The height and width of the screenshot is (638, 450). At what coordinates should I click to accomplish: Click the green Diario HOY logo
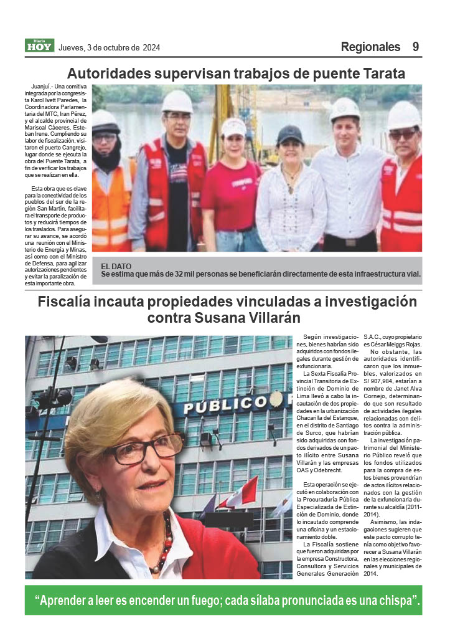click(40, 45)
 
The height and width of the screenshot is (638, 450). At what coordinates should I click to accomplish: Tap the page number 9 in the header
click(415, 47)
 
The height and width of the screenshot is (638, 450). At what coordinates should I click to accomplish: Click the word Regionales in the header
click(370, 47)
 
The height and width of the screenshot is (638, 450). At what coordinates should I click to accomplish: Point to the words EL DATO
click(116, 266)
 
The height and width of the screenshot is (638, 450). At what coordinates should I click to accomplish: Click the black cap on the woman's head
click(289, 133)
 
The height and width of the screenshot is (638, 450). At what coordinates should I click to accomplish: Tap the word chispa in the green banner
click(393, 601)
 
